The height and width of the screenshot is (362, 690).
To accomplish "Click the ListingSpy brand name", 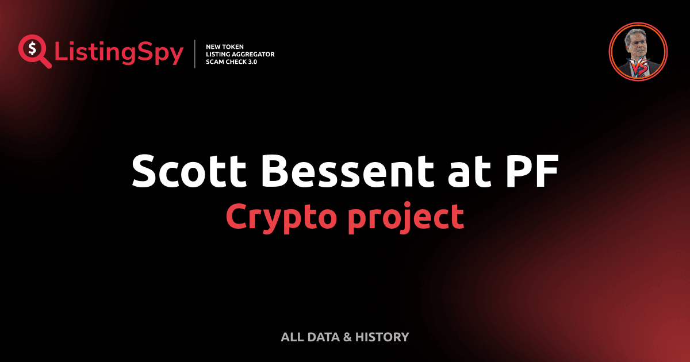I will pos(118,53).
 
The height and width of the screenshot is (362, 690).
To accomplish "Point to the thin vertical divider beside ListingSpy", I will pos(195,54).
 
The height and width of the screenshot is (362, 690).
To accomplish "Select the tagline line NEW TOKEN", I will pos(225,46).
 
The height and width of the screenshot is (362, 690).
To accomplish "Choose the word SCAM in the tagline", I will pos(215,61).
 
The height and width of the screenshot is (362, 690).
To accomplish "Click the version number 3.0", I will pos(251,61).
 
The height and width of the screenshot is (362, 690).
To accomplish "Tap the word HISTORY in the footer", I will pos(382,337).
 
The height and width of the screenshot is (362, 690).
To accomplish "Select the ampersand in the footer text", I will pos(348,337).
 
